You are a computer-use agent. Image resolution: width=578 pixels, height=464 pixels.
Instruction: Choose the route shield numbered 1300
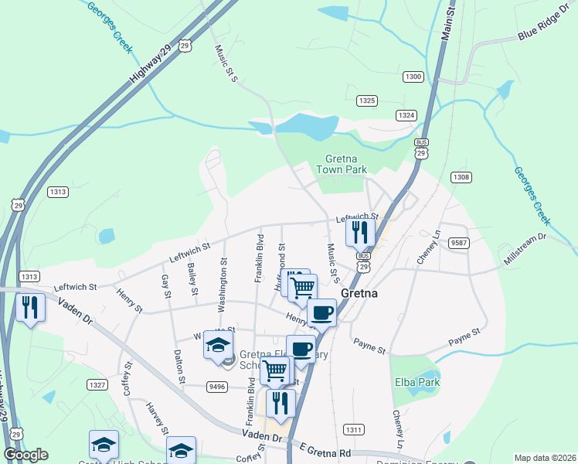(x=413, y=76)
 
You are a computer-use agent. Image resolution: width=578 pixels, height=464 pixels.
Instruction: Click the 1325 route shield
(x=367, y=101)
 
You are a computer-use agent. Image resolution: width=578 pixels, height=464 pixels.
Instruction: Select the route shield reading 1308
(x=461, y=178)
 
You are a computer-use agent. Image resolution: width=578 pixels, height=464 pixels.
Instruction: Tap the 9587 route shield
(x=460, y=242)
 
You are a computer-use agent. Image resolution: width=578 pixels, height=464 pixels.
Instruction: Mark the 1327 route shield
(x=97, y=384)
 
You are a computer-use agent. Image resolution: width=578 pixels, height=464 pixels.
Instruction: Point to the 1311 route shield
(x=354, y=429)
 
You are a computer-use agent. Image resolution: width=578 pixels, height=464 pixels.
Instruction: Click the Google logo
(x=25, y=455)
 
